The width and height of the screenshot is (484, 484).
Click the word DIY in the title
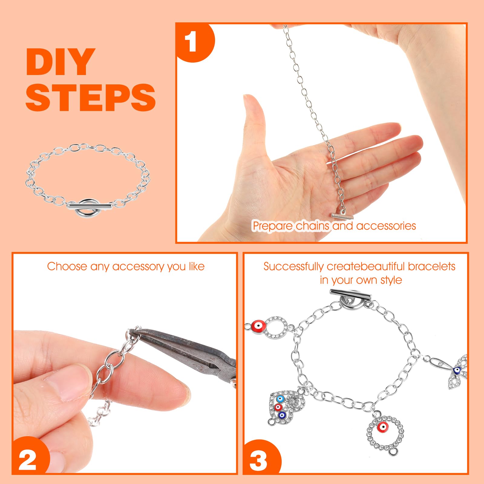click(x=59, y=62)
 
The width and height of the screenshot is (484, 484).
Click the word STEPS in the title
click(x=90, y=97)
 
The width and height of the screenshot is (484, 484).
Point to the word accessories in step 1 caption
click(x=386, y=226)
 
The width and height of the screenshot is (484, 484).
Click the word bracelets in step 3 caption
click(x=431, y=266)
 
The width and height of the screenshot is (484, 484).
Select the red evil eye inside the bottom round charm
click(x=383, y=427)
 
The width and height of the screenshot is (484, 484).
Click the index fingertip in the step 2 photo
click(x=178, y=395)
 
